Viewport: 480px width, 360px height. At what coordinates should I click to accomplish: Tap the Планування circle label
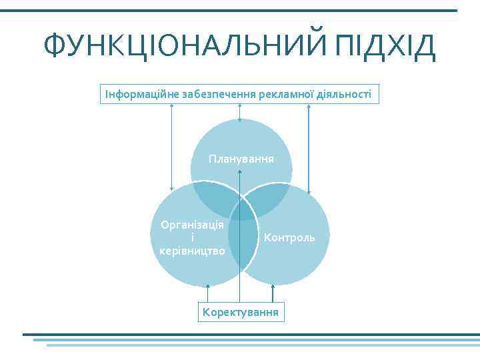click(241, 159)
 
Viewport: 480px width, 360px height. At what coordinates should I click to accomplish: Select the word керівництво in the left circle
click(192, 251)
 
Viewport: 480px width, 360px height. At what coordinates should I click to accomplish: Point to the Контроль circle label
click(289, 237)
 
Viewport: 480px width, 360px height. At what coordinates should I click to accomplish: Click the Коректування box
click(241, 312)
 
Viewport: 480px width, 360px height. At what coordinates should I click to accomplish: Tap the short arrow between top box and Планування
click(240, 112)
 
